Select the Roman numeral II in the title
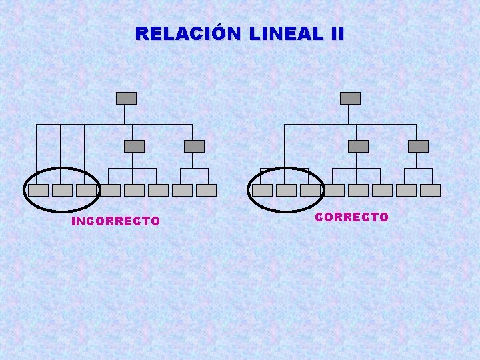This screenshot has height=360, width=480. [x=335, y=33]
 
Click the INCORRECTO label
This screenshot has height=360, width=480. [x=115, y=221]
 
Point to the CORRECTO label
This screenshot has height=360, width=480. [x=351, y=217]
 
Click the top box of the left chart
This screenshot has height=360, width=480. [x=126, y=98]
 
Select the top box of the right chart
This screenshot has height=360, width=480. [x=350, y=98]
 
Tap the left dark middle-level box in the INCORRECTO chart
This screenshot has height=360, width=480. [x=134, y=146]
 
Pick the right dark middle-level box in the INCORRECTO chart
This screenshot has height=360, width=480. [x=194, y=146]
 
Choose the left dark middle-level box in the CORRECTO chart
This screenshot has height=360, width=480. [x=358, y=146]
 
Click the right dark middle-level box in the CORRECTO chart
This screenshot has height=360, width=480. [x=418, y=146]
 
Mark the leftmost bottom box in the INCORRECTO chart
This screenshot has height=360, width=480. [x=38, y=190]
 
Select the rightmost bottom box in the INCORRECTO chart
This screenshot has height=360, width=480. [x=206, y=190]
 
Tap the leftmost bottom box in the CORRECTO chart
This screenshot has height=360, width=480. [x=262, y=190]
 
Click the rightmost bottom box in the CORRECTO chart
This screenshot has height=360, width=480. [x=430, y=190]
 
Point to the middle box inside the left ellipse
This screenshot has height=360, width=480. [x=62, y=190]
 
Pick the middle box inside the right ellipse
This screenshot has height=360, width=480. [x=286, y=190]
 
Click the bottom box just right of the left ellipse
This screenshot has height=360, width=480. [x=110, y=190]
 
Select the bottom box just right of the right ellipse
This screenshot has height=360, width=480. [x=334, y=190]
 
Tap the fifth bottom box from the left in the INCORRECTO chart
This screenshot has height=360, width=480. [x=134, y=190]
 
